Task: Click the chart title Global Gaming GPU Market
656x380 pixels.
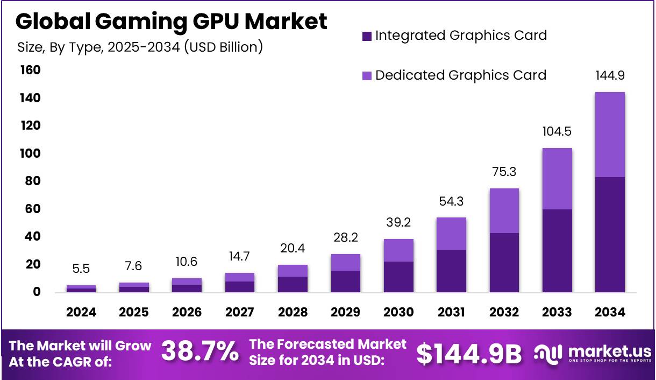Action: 171,21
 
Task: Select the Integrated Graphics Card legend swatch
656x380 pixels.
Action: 367,36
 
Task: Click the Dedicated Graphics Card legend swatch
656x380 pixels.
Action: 367,75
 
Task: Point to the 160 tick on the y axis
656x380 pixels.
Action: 30,71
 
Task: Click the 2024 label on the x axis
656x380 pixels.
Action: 81,312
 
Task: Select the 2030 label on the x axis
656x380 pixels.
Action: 398,312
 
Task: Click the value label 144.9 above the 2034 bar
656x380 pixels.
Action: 610,75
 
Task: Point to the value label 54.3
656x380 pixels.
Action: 451,201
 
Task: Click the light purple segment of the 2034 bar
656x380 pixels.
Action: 610,135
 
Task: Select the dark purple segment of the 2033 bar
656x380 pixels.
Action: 557,250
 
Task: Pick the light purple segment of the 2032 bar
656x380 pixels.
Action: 504,210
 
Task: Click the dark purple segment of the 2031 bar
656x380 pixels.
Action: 451,271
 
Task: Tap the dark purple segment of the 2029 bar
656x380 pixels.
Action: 345,281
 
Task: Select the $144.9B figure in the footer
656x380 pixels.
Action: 469,354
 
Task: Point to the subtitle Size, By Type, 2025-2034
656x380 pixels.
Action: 140,47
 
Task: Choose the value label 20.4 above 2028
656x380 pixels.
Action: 293,249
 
